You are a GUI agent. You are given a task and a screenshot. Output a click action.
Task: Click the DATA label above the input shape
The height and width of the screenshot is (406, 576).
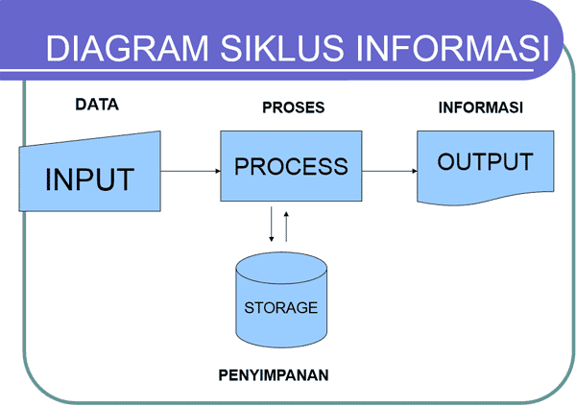(x=96, y=106)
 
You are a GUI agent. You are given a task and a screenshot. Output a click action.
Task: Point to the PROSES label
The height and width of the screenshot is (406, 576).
(x=293, y=107)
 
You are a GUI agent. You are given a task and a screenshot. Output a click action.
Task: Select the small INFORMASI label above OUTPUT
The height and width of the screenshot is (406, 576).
(x=480, y=107)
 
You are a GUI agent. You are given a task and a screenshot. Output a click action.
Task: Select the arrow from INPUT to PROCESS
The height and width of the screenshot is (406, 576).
(x=190, y=172)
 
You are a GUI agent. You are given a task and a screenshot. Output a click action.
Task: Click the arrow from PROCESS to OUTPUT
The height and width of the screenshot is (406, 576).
(x=389, y=172)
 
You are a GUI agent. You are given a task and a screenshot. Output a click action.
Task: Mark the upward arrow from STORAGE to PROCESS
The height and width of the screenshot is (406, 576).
(x=286, y=224)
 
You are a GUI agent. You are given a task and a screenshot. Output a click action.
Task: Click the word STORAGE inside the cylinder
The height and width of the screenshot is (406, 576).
(x=280, y=308)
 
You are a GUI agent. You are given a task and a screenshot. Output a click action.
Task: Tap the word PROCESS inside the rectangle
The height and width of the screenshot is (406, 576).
(x=291, y=166)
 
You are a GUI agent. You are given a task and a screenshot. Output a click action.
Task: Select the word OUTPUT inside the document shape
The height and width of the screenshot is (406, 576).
(x=485, y=160)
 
